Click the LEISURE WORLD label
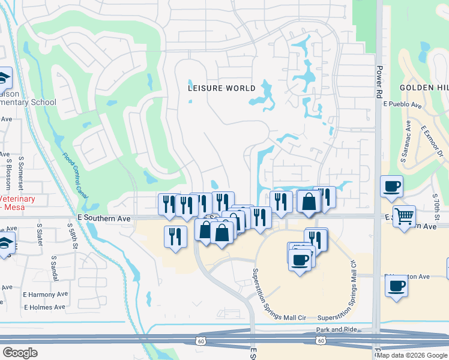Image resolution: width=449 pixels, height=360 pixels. click(222, 88)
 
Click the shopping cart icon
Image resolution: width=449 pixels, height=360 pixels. click(405, 216)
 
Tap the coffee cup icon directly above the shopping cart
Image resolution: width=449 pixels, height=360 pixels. click(391, 187)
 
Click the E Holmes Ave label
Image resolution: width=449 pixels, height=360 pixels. click(44, 307)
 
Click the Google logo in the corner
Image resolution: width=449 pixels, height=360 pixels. click(20, 353)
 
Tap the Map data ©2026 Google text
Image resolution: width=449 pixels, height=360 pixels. click(412, 355)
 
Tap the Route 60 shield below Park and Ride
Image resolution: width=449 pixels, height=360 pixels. click(321, 340)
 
